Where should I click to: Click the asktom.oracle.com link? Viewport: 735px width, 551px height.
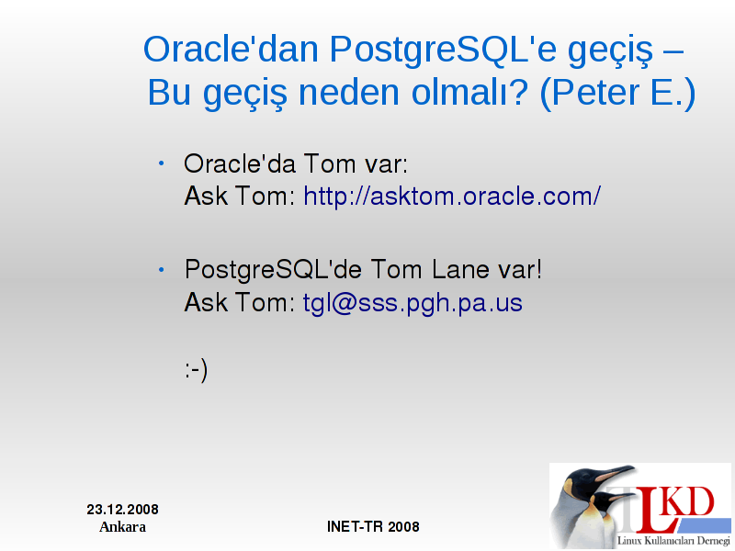point(452,196)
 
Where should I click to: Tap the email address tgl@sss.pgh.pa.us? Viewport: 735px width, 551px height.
point(413,303)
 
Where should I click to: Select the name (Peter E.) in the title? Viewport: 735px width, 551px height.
point(617,93)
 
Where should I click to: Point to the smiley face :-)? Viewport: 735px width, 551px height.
point(196,370)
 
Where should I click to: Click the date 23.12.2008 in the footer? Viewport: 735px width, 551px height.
point(122,510)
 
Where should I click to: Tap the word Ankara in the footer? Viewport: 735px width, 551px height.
point(122,526)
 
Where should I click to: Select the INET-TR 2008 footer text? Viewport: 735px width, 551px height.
point(373,526)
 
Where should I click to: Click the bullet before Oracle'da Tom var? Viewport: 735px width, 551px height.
point(162,163)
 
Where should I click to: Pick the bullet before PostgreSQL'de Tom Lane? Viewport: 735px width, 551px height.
point(162,269)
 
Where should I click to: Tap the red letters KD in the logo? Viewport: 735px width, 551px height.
point(690,502)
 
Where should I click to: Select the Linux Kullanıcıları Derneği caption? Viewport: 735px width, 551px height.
point(673,541)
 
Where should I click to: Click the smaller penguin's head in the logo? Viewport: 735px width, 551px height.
point(605,500)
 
